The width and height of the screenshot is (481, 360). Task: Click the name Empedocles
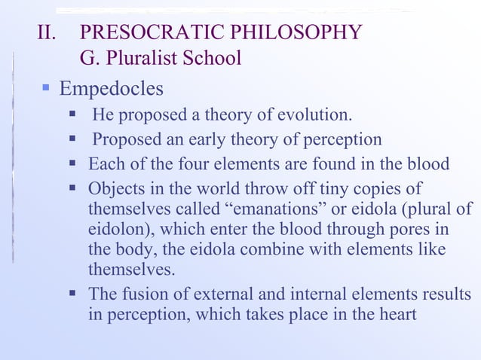tap(111, 89)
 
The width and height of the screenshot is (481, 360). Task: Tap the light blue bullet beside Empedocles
tap(46, 88)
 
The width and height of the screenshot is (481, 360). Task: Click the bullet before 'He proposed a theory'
tap(73, 115)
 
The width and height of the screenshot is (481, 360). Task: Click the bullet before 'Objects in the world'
tap(74, 188)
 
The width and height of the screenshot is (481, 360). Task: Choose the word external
tap(211, 293)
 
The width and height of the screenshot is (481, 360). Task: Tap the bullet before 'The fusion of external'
tap(74, 293)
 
